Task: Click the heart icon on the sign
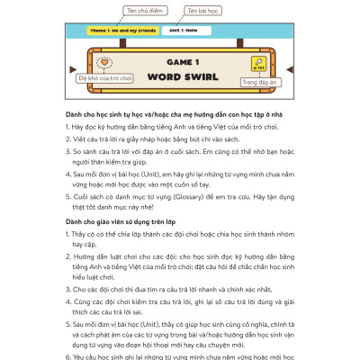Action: pos(106,64)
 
